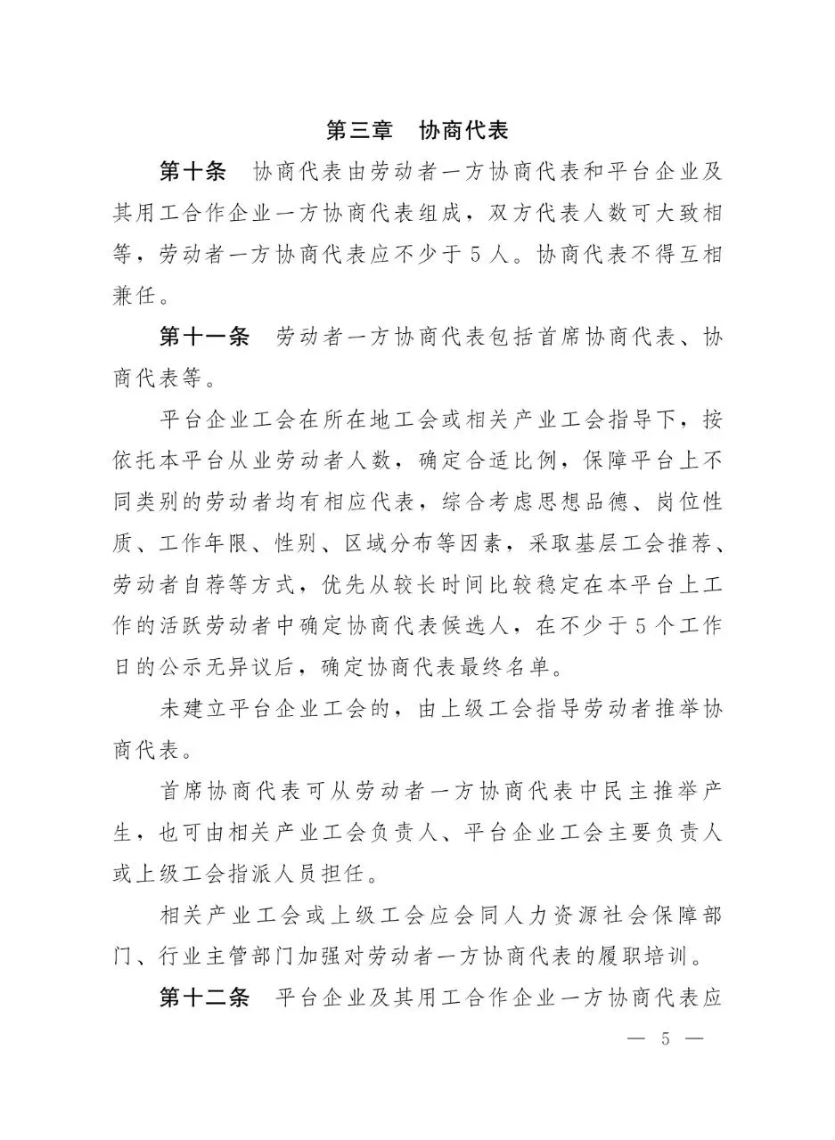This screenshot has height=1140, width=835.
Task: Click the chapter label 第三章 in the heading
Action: click(x=359, y=130)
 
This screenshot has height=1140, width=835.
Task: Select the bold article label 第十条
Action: click(x=193, y=171)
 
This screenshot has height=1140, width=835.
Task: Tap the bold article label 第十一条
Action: click(x=205, y=338)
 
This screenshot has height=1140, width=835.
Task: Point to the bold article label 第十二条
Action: click(x=205, y=997)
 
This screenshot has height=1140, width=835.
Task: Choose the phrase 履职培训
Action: click(x=657, y=956)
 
